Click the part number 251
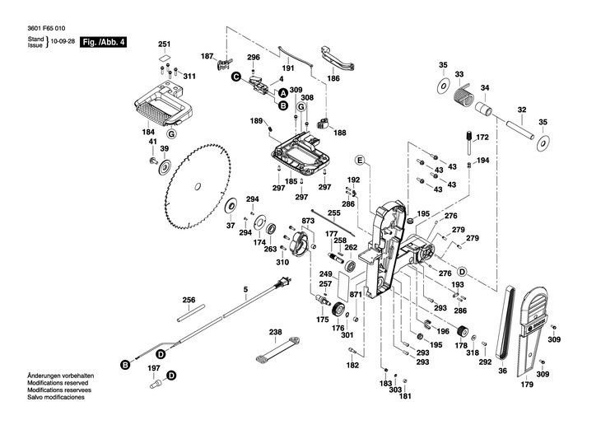tap(164, 44)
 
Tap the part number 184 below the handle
tap(148, 132)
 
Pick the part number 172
tap(482, 137)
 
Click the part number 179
tap(526, 383)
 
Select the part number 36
tap(501, 371)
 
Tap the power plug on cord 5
tap(284, 283)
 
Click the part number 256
tap(189, 300)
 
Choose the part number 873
tap(309, 222)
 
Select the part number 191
tap(288, 68)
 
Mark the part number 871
tap(356, 294)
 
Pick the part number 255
tap(333, 213)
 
